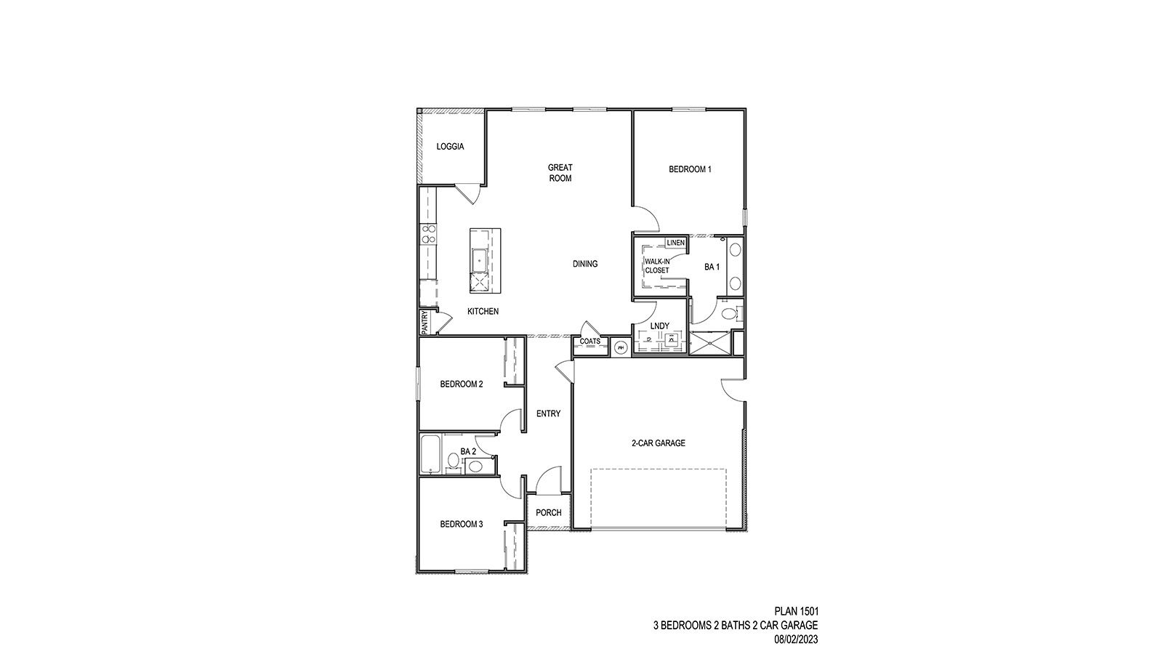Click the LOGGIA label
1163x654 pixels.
450,147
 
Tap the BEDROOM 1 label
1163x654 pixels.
690,169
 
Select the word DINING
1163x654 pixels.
585,264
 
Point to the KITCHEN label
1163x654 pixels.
483,312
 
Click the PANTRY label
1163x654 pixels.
424,322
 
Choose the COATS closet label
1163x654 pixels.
589,342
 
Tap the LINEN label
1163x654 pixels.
675,243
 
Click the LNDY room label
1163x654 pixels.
659,326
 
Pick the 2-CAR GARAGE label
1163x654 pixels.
658,443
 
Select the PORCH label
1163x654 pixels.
548,513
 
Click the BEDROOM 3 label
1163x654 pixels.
461,525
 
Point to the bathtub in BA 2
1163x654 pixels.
430,454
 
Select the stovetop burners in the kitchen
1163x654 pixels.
428,234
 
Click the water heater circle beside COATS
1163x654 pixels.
620,348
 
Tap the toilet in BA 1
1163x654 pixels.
729,313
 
